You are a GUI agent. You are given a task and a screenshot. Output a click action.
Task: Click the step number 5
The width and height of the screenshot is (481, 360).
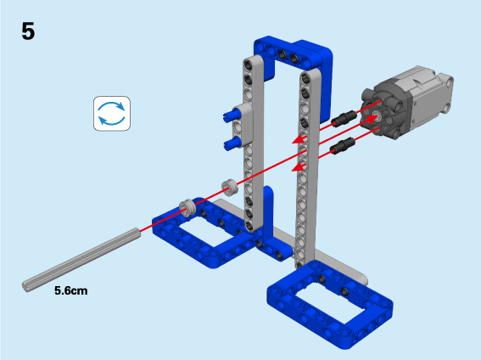pyautogui.click(x=28, y=31)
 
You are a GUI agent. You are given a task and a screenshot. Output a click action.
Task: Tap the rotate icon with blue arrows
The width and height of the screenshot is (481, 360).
pyautogui.click(x=112, y=114)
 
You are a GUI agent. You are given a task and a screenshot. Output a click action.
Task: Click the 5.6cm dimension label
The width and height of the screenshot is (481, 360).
pyautogui.click(x=71, y=290)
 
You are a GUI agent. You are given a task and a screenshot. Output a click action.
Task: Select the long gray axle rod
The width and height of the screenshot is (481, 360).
pyautogui.click(x=81, y=260)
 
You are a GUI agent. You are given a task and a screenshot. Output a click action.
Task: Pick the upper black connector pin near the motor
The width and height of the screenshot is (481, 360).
pyautogui.click(x=344, y=119)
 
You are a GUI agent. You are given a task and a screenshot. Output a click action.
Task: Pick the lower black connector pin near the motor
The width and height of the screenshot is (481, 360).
pyautogui.click(x=343, y=146)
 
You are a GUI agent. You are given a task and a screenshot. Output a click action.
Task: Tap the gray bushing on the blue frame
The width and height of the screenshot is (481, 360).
pyautogui.click(x=187, y=208)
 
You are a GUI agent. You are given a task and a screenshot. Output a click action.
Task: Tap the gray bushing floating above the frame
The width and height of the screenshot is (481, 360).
pyautogui.click(x=230, y=187)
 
